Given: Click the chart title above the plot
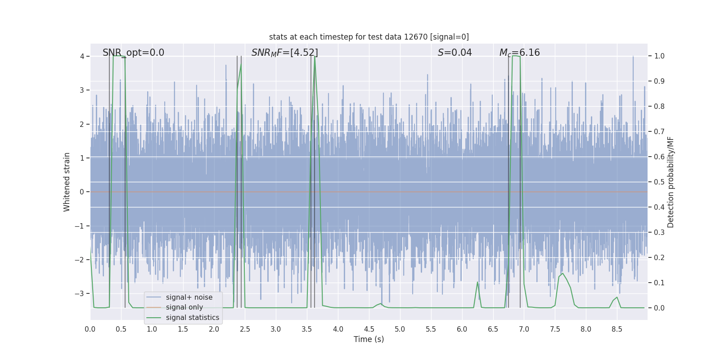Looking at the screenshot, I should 369,37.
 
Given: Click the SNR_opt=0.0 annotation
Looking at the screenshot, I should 133,53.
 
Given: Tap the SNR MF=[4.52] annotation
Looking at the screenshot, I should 284,53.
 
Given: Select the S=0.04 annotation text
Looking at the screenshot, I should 454,53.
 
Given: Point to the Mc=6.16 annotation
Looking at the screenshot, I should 519,53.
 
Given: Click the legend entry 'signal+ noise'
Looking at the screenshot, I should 189,297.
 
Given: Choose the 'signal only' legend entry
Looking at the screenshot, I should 184,307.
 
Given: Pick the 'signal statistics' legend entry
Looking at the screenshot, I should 192,318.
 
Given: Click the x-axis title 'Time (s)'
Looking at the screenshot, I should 369,339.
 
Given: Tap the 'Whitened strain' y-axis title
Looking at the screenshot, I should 67,182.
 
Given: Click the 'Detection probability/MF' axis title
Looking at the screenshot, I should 670,182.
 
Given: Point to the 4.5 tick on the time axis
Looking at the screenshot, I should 369,329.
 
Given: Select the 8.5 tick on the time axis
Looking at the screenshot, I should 616,329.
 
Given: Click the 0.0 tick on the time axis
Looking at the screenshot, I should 90,329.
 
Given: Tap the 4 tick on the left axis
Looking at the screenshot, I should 82,56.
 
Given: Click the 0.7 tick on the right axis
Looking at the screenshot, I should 659,132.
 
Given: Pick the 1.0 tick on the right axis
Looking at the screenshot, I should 659,56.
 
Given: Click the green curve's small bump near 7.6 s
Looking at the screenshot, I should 562,274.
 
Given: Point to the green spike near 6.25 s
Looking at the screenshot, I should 477,283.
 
